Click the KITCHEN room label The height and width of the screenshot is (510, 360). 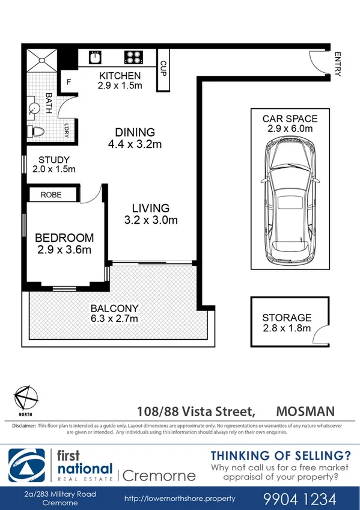pos(120,76)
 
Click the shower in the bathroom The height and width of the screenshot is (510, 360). pos(42,58)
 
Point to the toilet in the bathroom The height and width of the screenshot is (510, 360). pos(37,131)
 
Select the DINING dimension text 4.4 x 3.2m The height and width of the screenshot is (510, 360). pos(135,144)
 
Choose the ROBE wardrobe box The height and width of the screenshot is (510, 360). pos(54,195)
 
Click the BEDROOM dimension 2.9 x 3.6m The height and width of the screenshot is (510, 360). pos(64,249)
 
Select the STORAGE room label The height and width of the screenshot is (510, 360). pos(287,318)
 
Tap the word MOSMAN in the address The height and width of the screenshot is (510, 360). pos(305,412)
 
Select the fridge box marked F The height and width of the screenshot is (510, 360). pos(69,82)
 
